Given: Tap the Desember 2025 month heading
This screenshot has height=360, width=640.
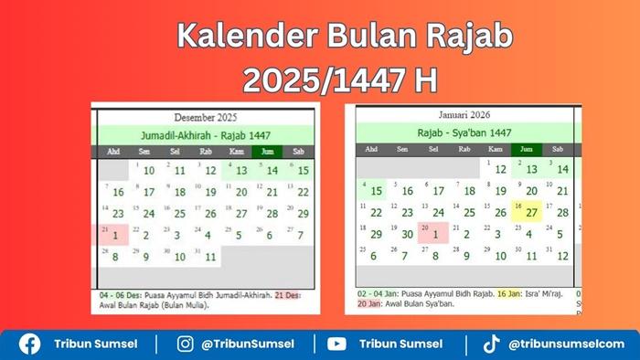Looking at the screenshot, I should coord(206,117).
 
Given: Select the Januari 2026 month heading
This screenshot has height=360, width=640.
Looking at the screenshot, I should coord(464,115).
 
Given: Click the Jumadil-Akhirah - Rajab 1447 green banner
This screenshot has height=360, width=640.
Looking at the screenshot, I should coord(206,133).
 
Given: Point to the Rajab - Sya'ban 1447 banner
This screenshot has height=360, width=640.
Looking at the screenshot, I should coord(464,132).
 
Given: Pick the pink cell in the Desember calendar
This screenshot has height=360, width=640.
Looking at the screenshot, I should coord(113,233).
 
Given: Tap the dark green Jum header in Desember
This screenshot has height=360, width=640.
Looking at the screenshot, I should coord(267,152).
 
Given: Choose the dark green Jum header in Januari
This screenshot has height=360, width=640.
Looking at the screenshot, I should coord(526,149).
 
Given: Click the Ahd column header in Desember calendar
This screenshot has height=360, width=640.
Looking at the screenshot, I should coord(113,152).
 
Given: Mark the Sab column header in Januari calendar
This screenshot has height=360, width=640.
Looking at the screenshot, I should coord(558,149).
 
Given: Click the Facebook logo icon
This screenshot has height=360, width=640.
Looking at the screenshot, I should coord(30,344).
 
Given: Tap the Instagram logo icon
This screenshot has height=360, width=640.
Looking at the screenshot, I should coord(187,344).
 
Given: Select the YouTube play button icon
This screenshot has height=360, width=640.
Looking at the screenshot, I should coord(337,344).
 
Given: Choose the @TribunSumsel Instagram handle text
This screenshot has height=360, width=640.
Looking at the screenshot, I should coord(248,344).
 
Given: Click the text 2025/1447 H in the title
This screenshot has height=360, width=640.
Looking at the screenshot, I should coord(339,81).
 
